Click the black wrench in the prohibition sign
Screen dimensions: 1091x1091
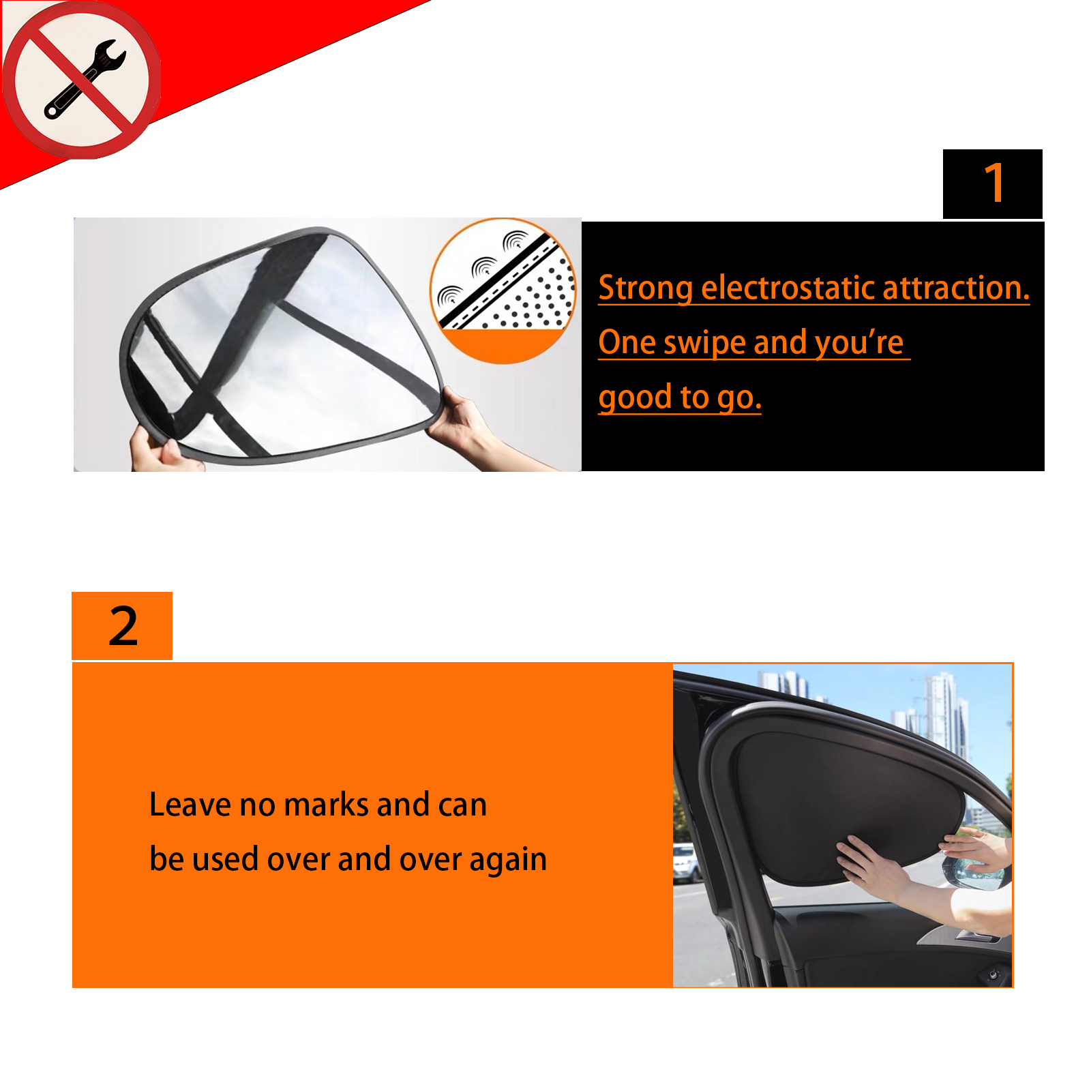point(85,79)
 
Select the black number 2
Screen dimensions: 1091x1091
point(123,626)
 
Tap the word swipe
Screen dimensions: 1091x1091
point(704,343)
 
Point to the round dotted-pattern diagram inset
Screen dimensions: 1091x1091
point(503,291)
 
